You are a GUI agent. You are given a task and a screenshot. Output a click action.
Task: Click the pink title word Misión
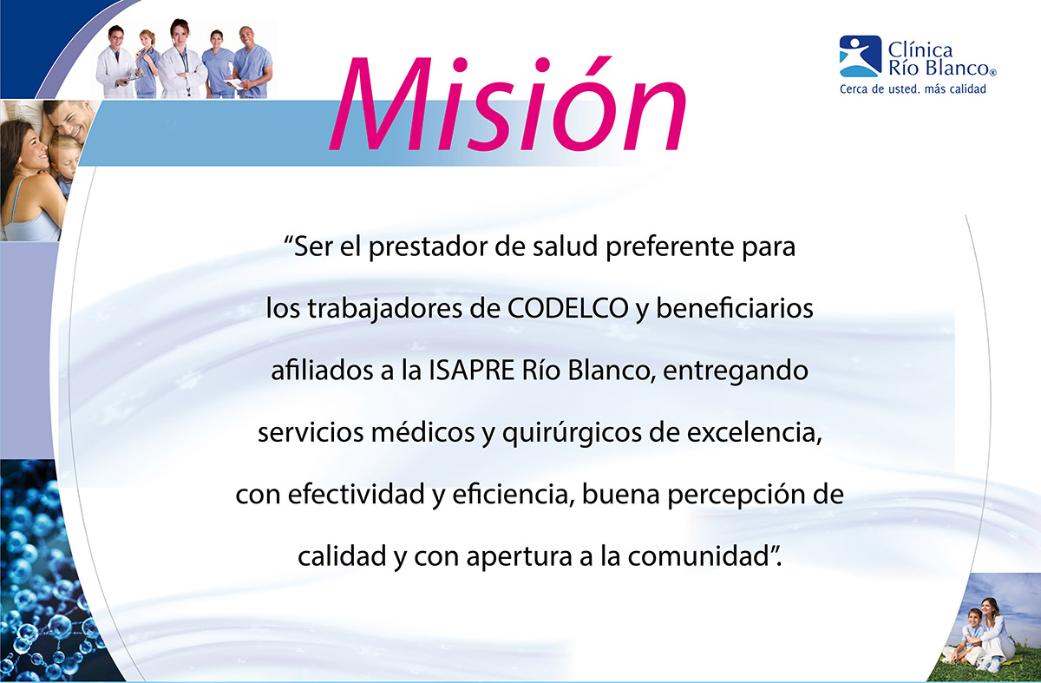(508, 104)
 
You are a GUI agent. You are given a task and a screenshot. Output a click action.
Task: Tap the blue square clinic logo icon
(861, 56)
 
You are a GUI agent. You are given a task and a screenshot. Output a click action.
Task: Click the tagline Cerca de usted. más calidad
(913, 89)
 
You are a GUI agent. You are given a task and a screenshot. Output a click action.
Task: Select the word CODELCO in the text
(568, 308)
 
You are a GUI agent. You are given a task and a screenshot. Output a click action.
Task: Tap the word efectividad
(356, 494)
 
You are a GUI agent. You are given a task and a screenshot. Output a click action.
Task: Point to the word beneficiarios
(734, 308)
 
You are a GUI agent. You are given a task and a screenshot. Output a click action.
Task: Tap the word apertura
(519, 557)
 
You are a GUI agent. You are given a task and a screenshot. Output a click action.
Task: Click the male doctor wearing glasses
(115, 62)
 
